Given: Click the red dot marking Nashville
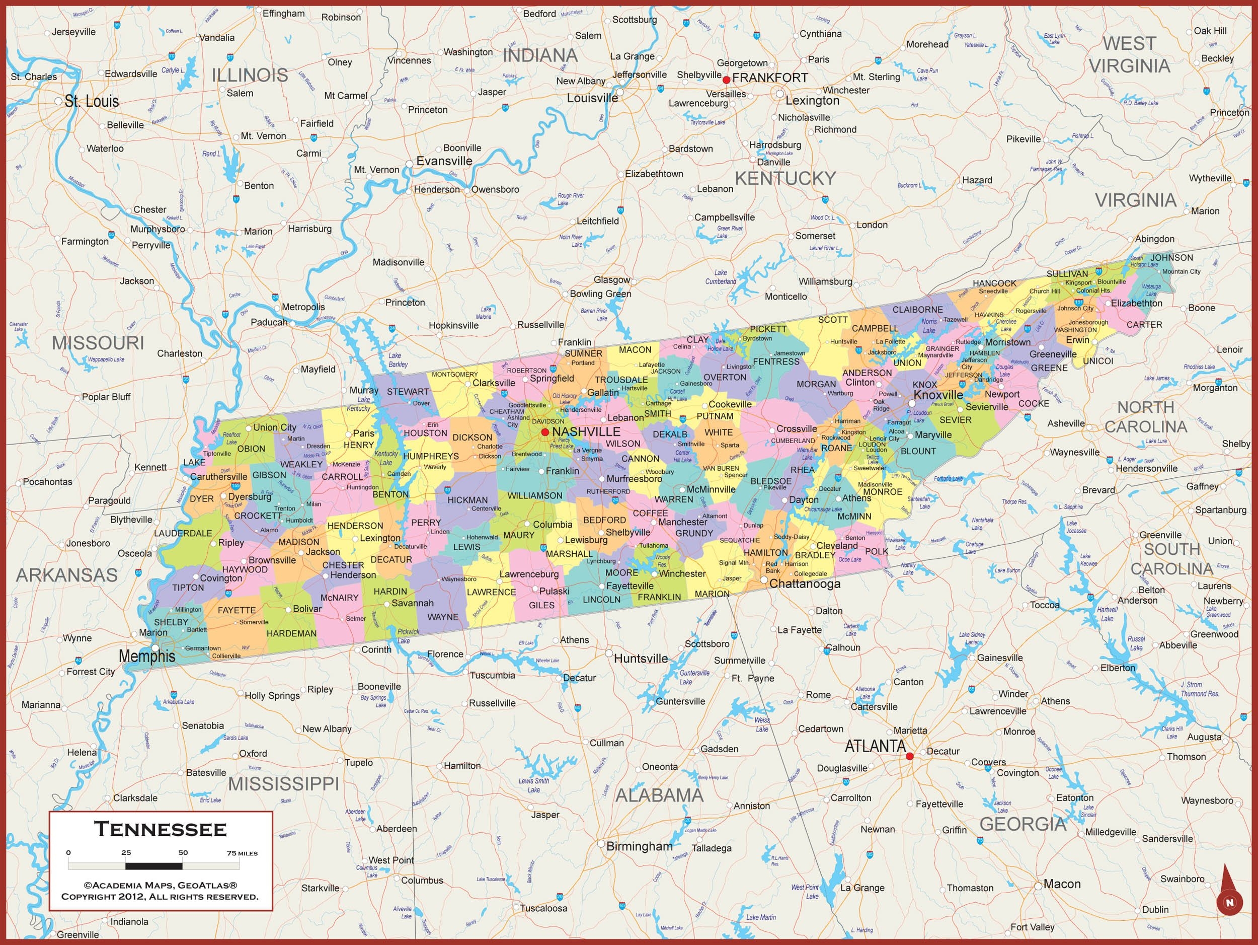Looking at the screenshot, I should (x=545, y=432).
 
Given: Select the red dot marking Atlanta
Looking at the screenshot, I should (x=909, y=756).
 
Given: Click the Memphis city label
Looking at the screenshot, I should (x=147, y=656).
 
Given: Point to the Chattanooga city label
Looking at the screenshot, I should (x=804, y=584).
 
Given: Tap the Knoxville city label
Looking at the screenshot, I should (x=938, y=395).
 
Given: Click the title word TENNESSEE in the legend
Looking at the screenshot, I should (x=161, y=829).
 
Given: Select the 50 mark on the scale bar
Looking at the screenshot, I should (x=183, y=852).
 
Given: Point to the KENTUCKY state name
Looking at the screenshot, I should (x=785, y=179).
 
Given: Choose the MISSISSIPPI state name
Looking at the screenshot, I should (x=283, y=783).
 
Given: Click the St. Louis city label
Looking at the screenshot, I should (x=92, y=101).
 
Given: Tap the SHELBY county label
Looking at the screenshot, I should (x=171, y=622).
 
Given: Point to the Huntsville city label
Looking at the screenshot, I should (x=641, y=658).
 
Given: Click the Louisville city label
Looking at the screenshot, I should (x=592, y=98).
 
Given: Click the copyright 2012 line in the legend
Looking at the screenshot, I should (x=160, y=896).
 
